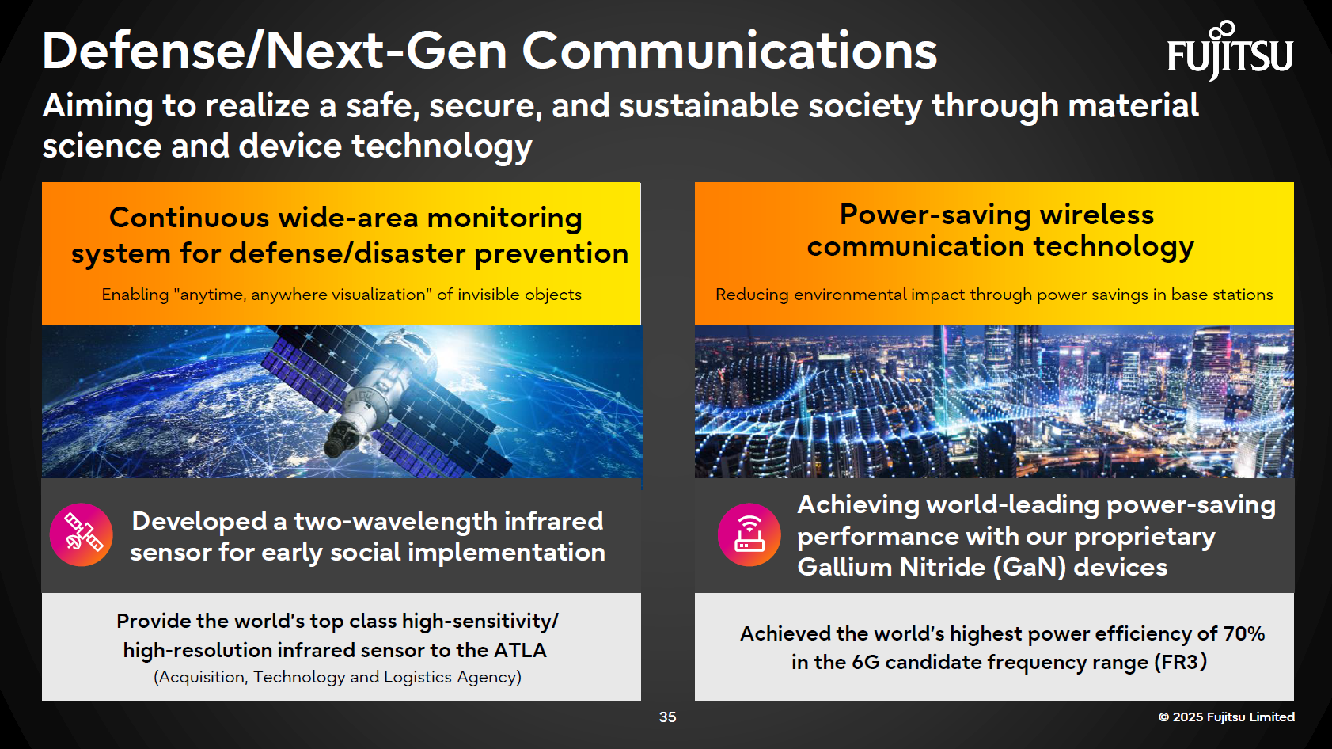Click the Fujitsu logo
[x=1229, y=52]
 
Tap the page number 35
[x=667, y=717]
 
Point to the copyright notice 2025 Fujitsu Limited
[x=1226, y=717]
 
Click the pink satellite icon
[x=82, y=534]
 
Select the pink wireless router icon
[x=749, y=534]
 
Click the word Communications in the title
[x=729, y=51]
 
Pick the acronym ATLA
[x=520, y=650]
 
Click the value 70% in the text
[x=1243, y=633]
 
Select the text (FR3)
[x=1180, y=662]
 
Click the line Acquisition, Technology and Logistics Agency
[x=337, y=677]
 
